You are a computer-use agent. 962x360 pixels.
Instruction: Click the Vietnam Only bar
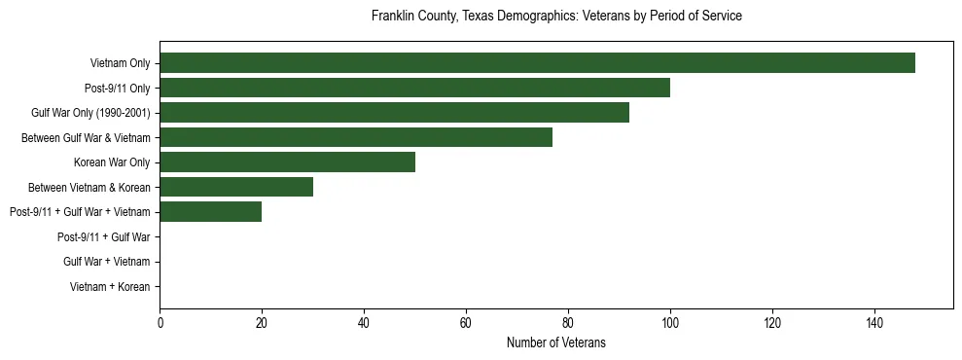tap(537, 63)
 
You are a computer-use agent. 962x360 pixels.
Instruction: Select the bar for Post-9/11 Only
tap(414, 88)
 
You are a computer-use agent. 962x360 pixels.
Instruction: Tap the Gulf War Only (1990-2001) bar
tap(394, 113)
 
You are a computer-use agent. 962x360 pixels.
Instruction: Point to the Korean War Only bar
tap(287, 162)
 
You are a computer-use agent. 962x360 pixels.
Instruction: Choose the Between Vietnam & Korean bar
tap(236, 187)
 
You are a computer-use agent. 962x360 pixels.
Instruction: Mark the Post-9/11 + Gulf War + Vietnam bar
tap(210, 211)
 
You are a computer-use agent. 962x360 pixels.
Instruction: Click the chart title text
tap(556, 17)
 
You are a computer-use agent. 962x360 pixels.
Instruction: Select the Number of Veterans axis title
tap(556, 342)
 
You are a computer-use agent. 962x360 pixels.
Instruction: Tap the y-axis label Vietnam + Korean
tap(110, 286)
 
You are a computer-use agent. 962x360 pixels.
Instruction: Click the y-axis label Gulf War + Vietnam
tap(107, 262)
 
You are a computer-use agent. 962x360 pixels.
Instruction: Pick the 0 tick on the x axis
tap(160, 323)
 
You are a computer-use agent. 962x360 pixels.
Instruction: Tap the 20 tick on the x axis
tap(262, 323)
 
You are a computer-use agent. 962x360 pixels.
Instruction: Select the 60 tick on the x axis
tap(466, 323)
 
